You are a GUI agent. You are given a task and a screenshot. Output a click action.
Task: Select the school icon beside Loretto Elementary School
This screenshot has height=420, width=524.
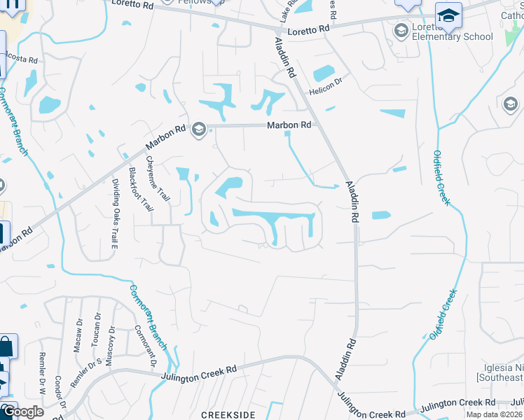coord(401,29)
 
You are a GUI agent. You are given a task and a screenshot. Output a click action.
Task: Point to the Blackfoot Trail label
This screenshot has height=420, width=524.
coord(140,189)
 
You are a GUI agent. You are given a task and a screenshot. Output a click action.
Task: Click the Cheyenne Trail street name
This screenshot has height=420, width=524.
coord(158,178)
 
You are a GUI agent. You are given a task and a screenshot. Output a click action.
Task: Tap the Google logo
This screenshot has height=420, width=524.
coord(22,412)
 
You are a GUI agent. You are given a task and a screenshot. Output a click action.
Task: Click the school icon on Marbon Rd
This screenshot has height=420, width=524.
coord(198,128)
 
